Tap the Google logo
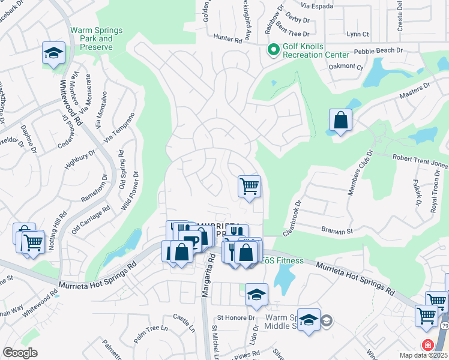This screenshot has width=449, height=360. click(x=20, y=352)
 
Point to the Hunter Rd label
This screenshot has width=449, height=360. click(x=230, y=39)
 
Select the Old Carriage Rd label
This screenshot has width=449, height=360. click(x=91, y=219)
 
